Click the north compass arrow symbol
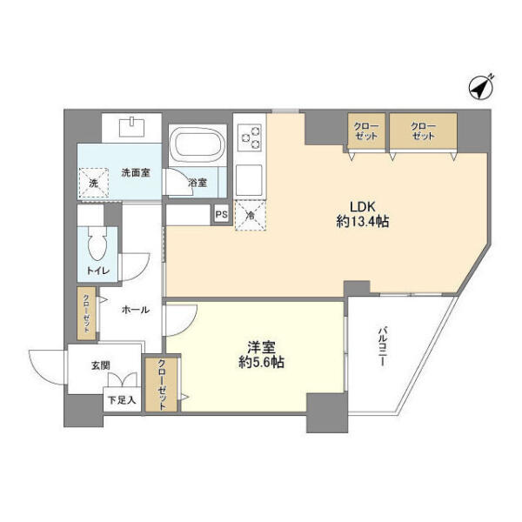pyautogui.click(x=479, y=87)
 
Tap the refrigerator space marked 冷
pyautogui.click(x=249, y=215)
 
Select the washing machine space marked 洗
pyautogui.click(x=94, y=184)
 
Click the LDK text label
pyautogui.click(x=363, y=206)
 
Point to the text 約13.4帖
pyautogui.click(x=364, y=222)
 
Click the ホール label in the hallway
pyautogui.click(x=134, y=310)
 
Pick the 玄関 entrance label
pyautogui.click(x=98, y=365)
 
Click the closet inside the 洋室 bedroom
pyautogui.click(x=162, y=385)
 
